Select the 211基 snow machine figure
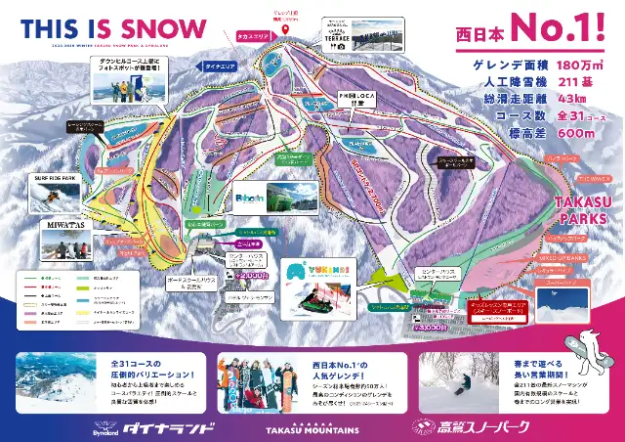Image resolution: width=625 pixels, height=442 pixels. [579, 83]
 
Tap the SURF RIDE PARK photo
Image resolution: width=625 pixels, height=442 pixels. [46, 196]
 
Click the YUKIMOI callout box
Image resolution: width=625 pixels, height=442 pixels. [318, 284]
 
